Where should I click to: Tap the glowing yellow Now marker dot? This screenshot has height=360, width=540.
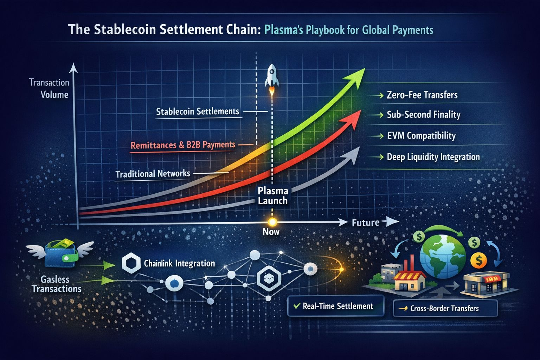(272, 222)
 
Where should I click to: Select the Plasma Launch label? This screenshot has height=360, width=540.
(273, 195)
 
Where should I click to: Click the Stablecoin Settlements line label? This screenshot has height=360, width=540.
(198, 111)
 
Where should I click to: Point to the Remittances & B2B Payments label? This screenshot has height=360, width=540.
(183, 145)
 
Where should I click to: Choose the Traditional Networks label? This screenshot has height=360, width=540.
(153, 174)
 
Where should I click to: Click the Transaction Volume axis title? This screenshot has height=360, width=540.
(49, 89)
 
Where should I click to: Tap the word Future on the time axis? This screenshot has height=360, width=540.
(366, 223)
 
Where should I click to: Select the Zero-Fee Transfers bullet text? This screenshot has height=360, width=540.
(422, 95)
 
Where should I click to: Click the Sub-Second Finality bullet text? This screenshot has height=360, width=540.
(424, 115)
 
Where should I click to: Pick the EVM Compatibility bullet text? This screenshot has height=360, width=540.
(422, 136)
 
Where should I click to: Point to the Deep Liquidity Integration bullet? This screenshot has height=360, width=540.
(433, 157)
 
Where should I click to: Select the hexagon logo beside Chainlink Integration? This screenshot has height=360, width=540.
(131, 263)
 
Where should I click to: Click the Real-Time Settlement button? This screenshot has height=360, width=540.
(336, 306)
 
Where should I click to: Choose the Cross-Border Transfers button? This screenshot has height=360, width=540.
(445, 308)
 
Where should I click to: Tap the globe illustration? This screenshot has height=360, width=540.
(443, 256)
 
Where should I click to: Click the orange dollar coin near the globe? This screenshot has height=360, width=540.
(478, 261)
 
